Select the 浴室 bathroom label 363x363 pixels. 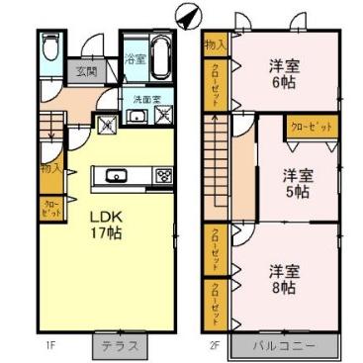(136, 60)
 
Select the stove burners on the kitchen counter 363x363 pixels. (161, 177)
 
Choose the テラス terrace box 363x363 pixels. (123, 347)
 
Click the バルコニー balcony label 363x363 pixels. (285, 347)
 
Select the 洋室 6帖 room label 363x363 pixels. (285, 75)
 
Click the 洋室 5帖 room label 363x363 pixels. (297, 183)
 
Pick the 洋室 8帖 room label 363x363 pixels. (284, 278)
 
